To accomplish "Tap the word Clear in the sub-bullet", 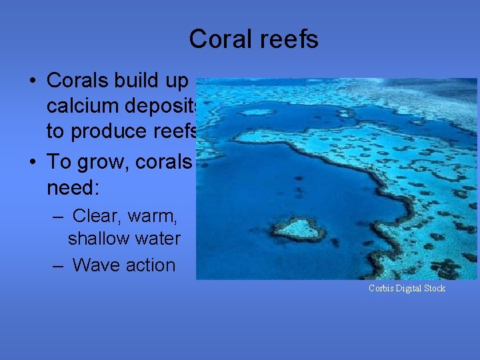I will (x=95, y=216).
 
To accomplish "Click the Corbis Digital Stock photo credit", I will (x=407, y=288).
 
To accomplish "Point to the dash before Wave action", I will (x=59, y=265).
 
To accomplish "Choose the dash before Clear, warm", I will (x=59, y=216).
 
